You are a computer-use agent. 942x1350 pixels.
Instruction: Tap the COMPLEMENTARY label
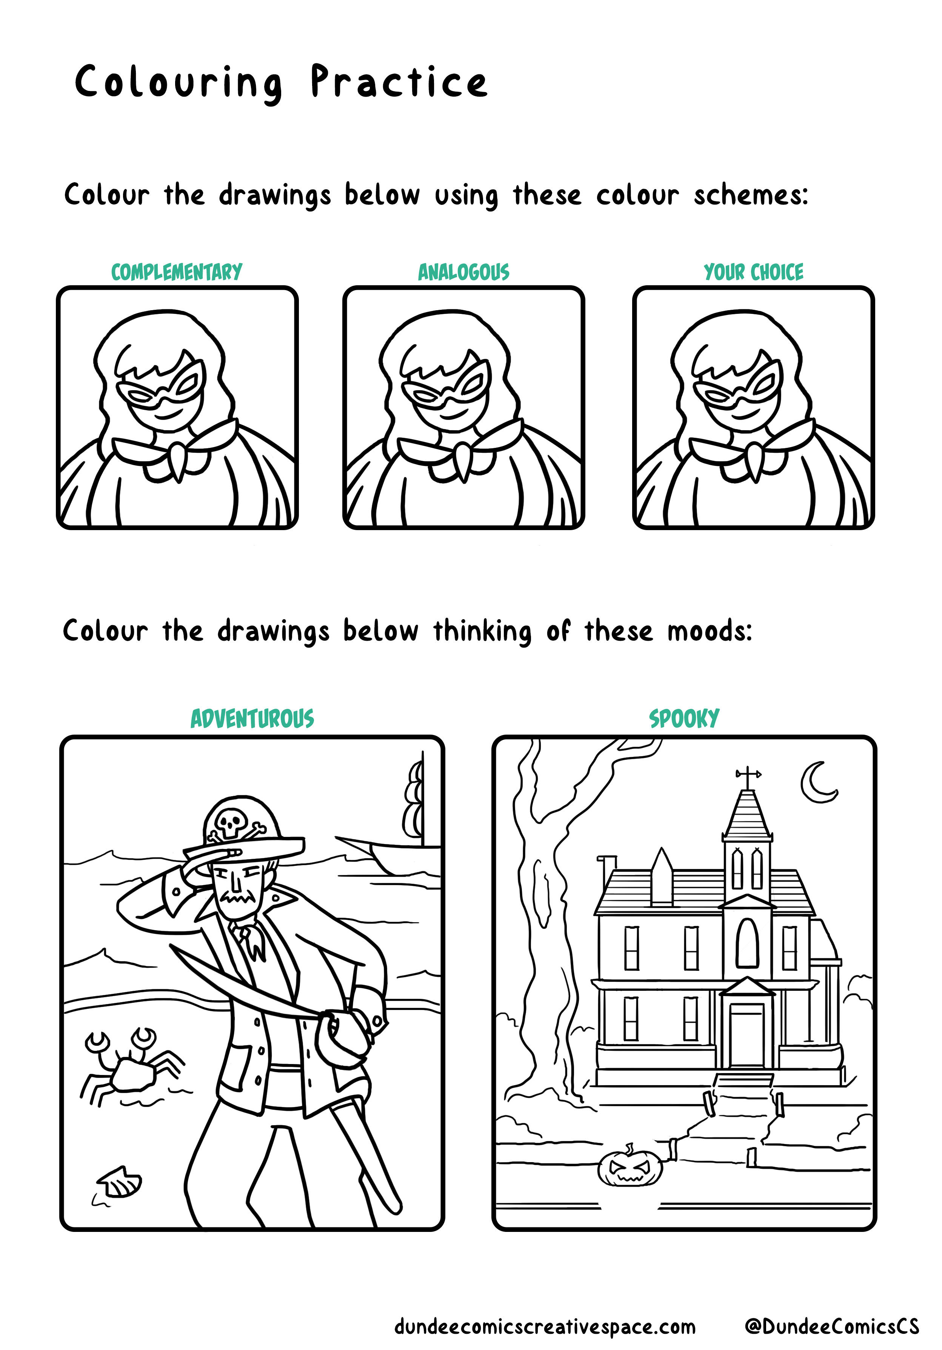tap(176, 272)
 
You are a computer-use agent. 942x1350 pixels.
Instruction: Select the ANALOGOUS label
tap(463, 272)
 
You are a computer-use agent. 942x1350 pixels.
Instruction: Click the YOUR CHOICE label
tap(753, 272)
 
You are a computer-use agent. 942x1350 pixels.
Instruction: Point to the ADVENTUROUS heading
tap(252, 718)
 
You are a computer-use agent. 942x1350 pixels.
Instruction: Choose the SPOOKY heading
tap(684, 718)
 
